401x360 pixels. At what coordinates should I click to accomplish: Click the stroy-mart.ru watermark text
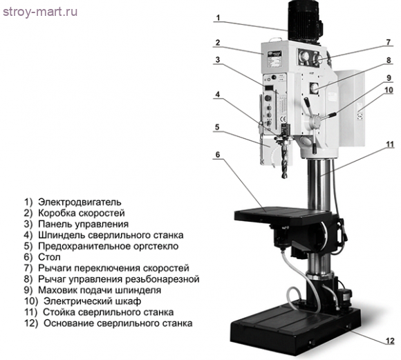40,12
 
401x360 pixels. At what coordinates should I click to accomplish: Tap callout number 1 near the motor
218,18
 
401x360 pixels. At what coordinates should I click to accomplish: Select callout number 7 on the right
389,42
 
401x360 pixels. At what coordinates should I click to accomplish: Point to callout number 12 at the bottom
390,341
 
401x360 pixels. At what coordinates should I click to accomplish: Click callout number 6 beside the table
218,154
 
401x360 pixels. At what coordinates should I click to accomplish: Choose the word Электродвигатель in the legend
80,202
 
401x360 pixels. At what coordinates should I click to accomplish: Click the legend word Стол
49,257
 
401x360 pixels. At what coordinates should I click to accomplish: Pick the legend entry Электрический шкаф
93,301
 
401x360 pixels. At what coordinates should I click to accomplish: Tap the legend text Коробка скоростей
82,213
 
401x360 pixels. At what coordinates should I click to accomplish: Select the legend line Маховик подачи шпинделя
100,290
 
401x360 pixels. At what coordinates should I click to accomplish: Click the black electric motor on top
304,21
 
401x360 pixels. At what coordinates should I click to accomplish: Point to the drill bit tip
285,177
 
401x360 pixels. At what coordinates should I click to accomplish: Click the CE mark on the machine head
283,119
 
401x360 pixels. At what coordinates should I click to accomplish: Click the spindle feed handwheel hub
315,121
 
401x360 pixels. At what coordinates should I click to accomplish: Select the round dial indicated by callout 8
313,88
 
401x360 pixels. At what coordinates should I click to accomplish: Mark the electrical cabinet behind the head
351,107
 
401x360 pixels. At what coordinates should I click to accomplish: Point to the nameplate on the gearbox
274,59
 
